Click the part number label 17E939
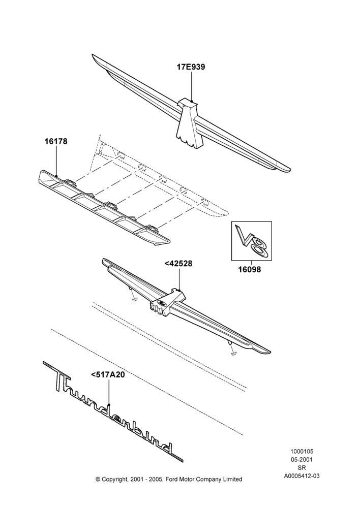click(x=191, y=67)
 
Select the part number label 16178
click(x=56, y=141)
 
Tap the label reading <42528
click(x=178, y=264)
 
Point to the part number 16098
click(x=249, y=269)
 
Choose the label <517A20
click(x=108, y=375)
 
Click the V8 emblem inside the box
click(x=252, y=240)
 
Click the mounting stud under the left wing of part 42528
click(x=132, y=294)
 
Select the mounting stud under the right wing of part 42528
click(x=231, y=348)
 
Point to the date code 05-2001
click(x=302, y=459)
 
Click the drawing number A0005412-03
click(x=302, y=476)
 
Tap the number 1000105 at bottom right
click(x=302, y=451)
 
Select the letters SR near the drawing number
click(x=302, y=467)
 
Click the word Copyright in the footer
click(x=115, y=480)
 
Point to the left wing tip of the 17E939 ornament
click(x=93, y=55)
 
